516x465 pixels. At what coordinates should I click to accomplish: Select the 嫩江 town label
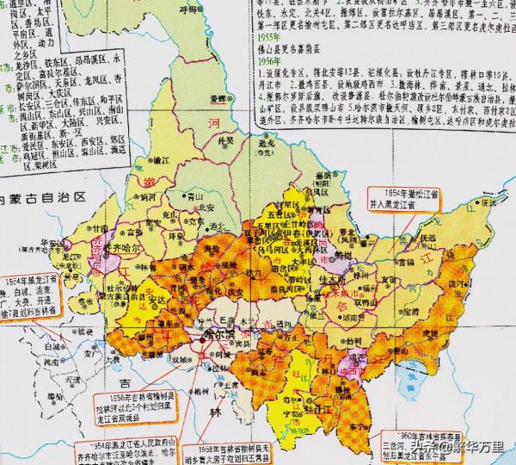159,148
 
